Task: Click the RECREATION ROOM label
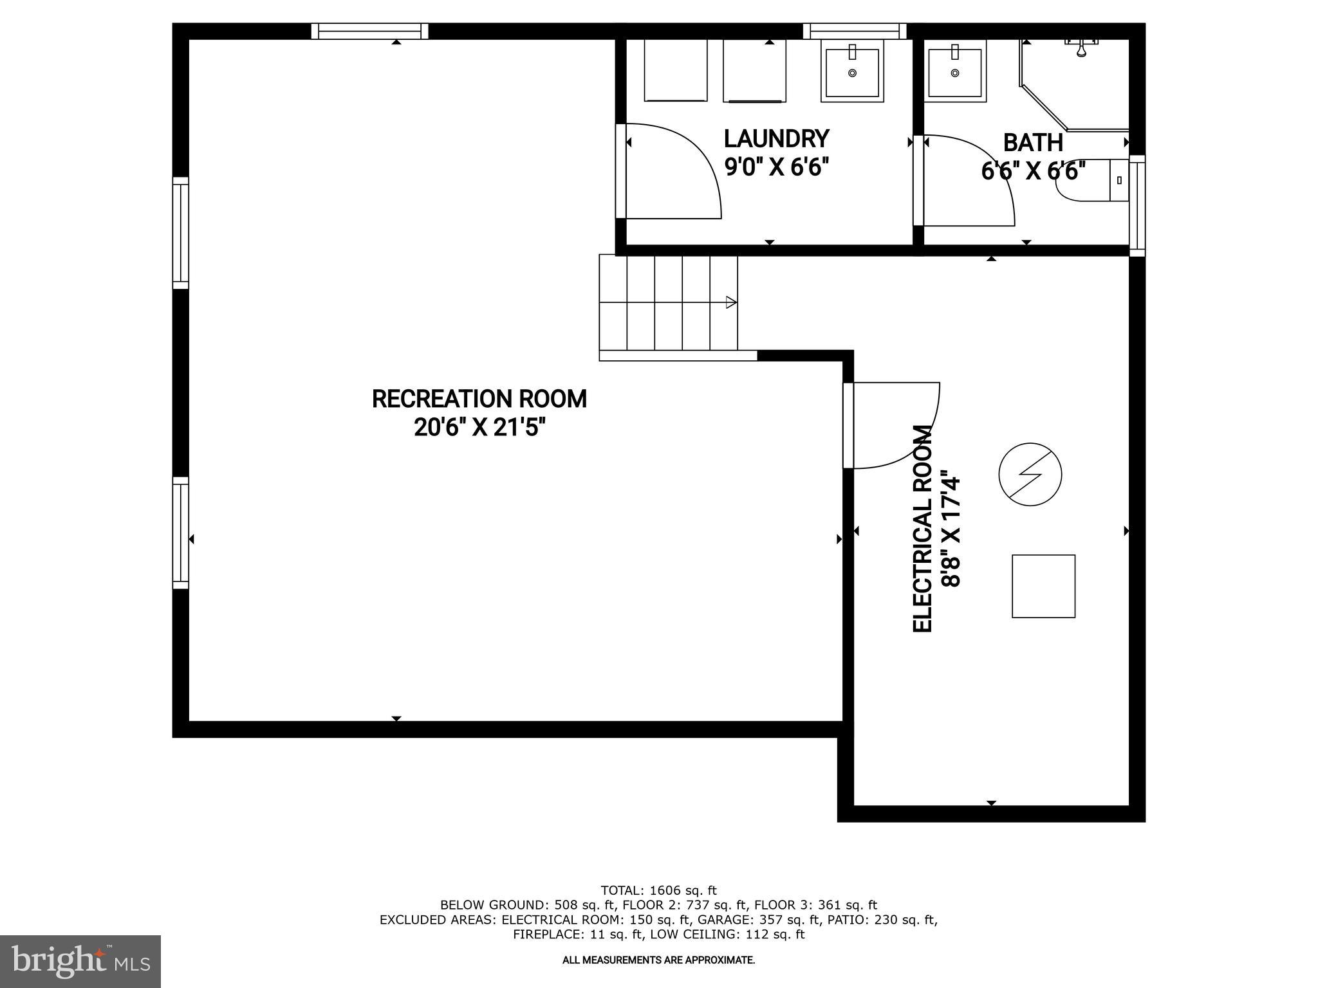click(479, 399)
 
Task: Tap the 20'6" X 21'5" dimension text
click(479, 427)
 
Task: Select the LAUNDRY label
click(776, 139)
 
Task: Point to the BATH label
click(1032, 142)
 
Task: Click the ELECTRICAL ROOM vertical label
click(923, 529)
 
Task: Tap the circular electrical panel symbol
click(1030, 475)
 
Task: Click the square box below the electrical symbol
click(1043, 586)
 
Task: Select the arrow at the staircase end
click(730, 302)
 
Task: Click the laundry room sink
click(852, 70)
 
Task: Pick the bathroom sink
click(955, 70)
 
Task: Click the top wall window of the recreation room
click(369, 31)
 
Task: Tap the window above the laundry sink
click(854, 31)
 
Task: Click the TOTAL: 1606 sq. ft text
click(658, 890)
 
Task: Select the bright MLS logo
click(80, 961)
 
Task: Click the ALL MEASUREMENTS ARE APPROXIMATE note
click(658, 960)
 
